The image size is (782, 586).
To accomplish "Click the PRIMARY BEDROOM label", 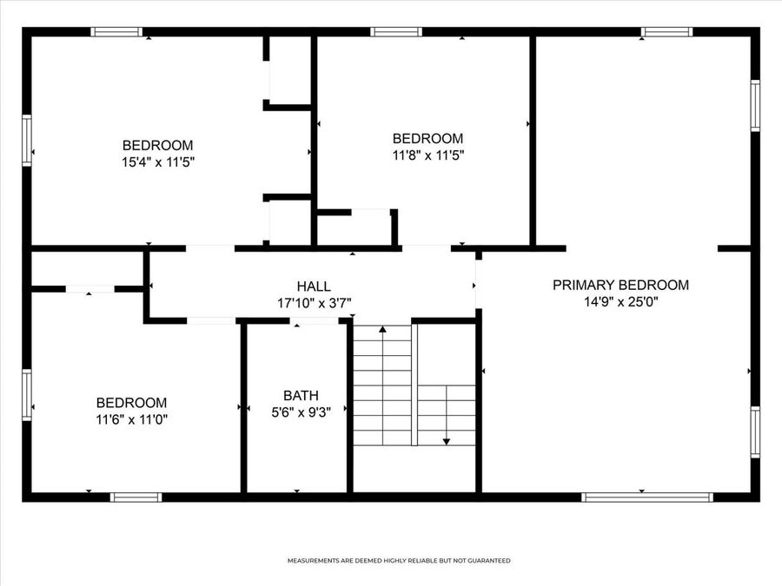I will coord(621,285).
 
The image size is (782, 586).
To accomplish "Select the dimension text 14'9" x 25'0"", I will coord(621,302).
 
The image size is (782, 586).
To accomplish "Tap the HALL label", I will coord(314,286).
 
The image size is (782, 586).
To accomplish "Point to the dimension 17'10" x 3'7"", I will coord(314,303).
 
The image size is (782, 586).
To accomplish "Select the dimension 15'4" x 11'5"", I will coord(157,161).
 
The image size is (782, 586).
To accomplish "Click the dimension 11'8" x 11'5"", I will coord(427,155).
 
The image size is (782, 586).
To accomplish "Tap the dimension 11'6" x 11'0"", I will coord(131,419).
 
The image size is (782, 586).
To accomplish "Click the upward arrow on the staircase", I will coord(382,331).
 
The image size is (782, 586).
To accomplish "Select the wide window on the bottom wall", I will coord(647,497).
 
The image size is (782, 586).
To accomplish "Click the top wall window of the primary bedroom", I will coord(667,32).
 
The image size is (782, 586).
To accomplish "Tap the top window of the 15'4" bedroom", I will coord(116,32).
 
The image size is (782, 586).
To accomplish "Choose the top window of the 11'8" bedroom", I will coord(396,32).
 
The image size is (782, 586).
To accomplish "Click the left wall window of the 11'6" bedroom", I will coord(27,395).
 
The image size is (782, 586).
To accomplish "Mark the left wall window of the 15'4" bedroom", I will coord(27,141).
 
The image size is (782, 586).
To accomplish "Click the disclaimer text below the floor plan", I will coord(399,561).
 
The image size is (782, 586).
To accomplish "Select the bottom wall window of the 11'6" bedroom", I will coord(136,497).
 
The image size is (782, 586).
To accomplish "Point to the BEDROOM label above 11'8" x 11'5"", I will coord(427,138).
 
